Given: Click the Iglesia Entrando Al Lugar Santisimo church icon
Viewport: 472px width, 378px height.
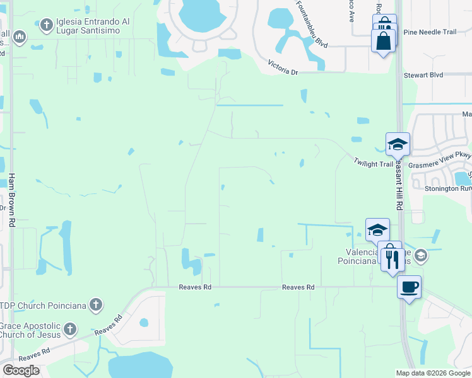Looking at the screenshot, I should click(x=45, y=25).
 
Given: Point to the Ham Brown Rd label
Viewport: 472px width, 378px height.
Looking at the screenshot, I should click(x=11, y=200).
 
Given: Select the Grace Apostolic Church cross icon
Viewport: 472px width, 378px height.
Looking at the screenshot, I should click(x=70, y=329).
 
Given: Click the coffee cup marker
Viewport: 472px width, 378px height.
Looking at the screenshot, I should click(x=409, y=287).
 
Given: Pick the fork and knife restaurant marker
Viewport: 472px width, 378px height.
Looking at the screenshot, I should click(x=393, y=258).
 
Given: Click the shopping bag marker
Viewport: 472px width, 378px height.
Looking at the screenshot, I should click(x=384, y=41).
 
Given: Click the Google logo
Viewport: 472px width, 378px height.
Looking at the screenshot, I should click(x=21, y=370).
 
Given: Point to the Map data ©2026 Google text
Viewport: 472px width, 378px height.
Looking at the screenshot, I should click(x=433, y=373).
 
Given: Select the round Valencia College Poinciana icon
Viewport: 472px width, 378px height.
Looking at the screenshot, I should click(x=421, y=256).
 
